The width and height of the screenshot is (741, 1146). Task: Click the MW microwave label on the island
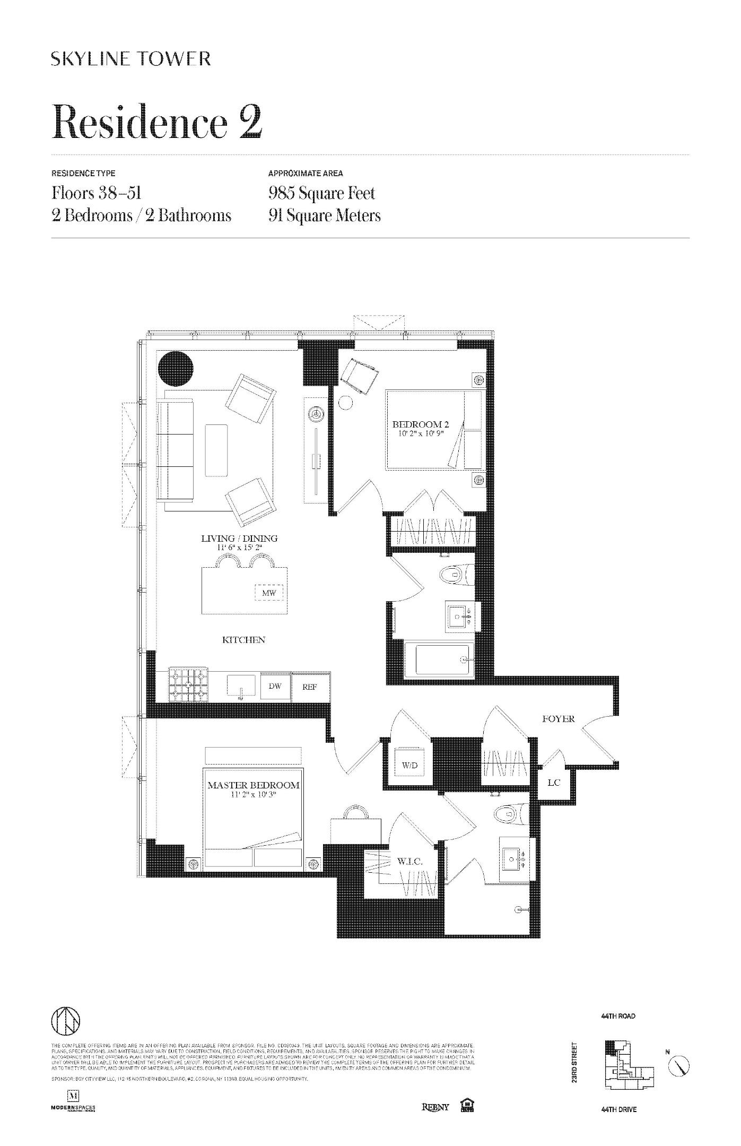[269, 593]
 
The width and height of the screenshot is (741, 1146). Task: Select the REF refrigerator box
[310, 688]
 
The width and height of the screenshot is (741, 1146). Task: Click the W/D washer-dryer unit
[409, 766]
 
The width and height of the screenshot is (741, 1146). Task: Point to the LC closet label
[553, 783]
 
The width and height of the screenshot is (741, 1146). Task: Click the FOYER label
[558, 719]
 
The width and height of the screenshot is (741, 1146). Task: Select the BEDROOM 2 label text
[421, 424]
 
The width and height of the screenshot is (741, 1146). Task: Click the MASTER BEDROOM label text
[253, 785]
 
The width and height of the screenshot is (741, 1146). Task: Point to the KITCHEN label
[243, 640]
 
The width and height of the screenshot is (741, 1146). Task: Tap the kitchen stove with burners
[188, 687]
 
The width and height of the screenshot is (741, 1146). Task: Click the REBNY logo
[435, 1107]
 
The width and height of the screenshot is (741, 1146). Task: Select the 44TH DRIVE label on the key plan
[618, 1109]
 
